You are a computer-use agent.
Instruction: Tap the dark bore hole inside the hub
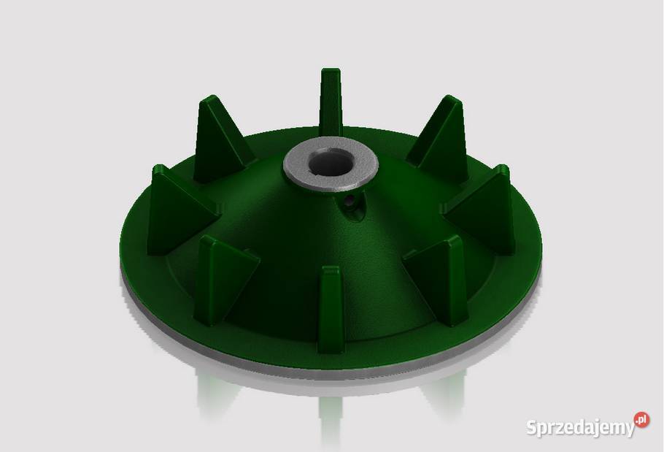pos(331,163)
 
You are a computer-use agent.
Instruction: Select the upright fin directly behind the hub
pos(331,101)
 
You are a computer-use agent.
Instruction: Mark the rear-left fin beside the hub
pos(220,139)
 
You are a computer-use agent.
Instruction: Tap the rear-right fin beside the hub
pos(441,139)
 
